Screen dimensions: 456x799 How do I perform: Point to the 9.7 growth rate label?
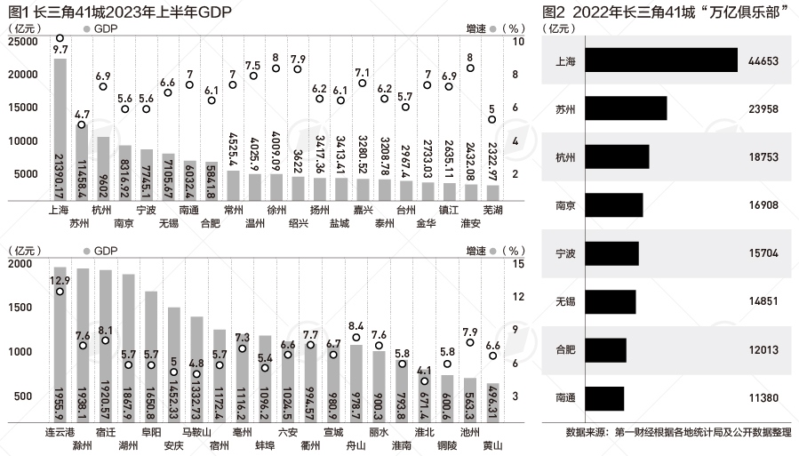60,51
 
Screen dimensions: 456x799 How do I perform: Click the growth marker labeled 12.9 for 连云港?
60,291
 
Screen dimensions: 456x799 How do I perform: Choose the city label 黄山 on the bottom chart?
493,444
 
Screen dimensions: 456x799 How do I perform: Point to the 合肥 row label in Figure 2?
564,349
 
